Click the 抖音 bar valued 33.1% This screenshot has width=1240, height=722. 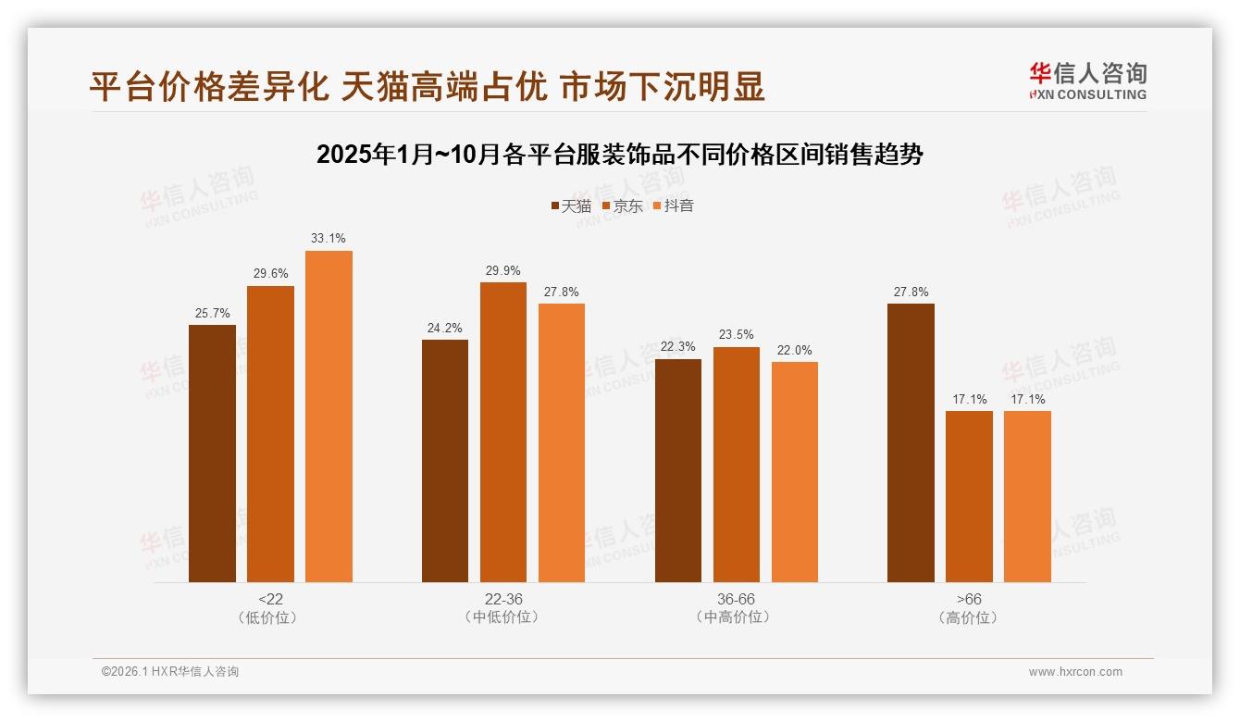[x=329, y=417]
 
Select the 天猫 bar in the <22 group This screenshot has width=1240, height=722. [x=212, y=454]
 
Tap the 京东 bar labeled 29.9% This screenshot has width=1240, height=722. [x=503, y=432]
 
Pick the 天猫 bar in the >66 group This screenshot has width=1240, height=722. [x=911, y=442]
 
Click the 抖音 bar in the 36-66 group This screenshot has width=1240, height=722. [x=795, y=472]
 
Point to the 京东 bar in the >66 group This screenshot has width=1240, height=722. [x=969, y=496]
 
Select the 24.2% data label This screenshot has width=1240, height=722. [x=445, y=328]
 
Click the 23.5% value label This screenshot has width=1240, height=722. [x=736, y=335]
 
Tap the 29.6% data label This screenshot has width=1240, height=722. [x=270, y=274]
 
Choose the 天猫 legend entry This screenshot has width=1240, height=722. [x=570, y=205]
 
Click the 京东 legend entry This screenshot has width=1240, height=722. [x=622, y=205]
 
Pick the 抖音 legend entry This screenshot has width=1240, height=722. [x=674, y=205]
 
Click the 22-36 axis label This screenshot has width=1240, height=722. [x=503, y=599]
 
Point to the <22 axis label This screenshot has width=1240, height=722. [x=270, y=599]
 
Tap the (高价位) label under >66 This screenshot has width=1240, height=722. [x=969, y=617]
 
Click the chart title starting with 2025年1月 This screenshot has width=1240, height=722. [x=619, y=154]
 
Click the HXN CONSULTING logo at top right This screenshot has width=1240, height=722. [x=1087, y=81]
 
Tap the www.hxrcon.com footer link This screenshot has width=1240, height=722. [x=1075, y=672]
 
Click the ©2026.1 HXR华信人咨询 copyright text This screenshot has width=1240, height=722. [x=170, y=672]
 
